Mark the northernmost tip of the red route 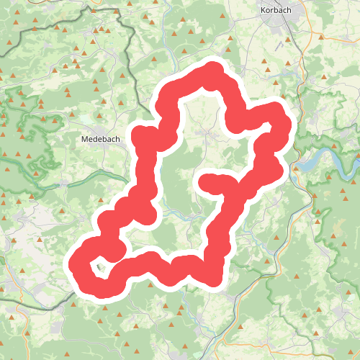coord(212,71)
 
